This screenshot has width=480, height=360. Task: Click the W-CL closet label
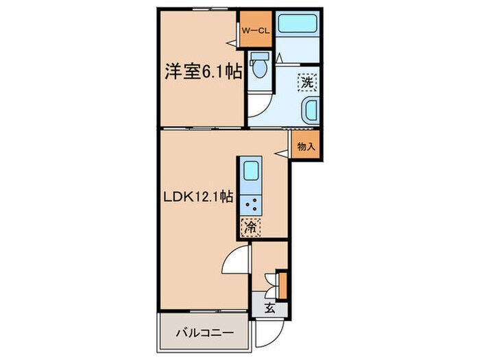pos(255,31)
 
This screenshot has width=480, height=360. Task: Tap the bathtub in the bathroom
pos(298,22)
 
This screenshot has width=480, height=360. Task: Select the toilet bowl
pos(260,69)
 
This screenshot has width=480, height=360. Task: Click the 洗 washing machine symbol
pos(307,82)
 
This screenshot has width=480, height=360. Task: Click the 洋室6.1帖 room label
pos(203,72)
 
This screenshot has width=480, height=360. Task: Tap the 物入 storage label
pos(306,147)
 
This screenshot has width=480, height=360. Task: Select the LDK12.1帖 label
pos(198,197)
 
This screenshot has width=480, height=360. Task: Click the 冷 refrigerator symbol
pos(251,228)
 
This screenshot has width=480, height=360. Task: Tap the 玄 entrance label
pos(269,309)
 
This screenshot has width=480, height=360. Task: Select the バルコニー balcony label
pos(204,333)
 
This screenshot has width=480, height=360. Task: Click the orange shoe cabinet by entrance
pos(283,285)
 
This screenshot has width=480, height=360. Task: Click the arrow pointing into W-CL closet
pos(232,43)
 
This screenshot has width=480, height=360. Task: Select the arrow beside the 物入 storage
pos(282,154)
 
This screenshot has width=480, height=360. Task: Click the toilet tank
pos(260,56)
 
